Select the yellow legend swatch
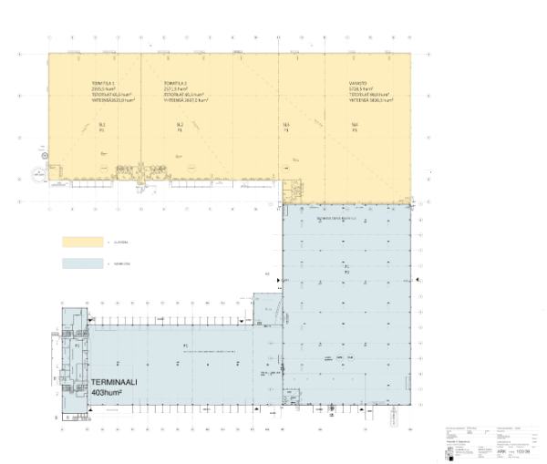pos(82,242)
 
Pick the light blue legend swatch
pos(82,263)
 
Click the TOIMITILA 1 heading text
pos(104,83)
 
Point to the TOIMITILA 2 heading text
pos(176,83)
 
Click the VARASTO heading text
pos(357,83)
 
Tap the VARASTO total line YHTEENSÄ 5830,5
pos(369,100)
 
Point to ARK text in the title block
pos(501,451)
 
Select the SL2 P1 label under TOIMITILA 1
pos(102,127)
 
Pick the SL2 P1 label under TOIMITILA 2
pos(180,127)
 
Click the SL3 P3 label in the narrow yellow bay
pos(286,127)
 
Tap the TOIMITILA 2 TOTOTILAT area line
pos(186,94)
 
